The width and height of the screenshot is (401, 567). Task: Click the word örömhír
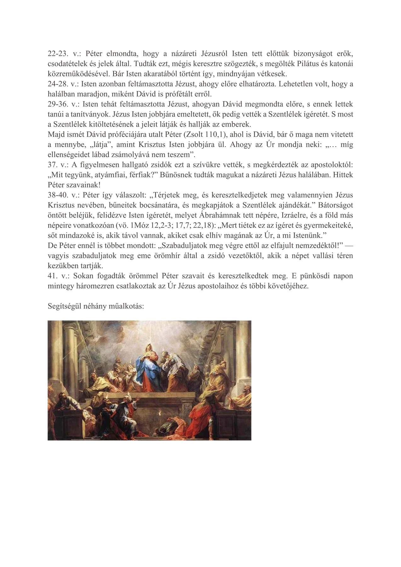pyautogui.click(x=161, y=255)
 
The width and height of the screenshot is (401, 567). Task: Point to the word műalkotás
pyautogui.click(x=127, y=306)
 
